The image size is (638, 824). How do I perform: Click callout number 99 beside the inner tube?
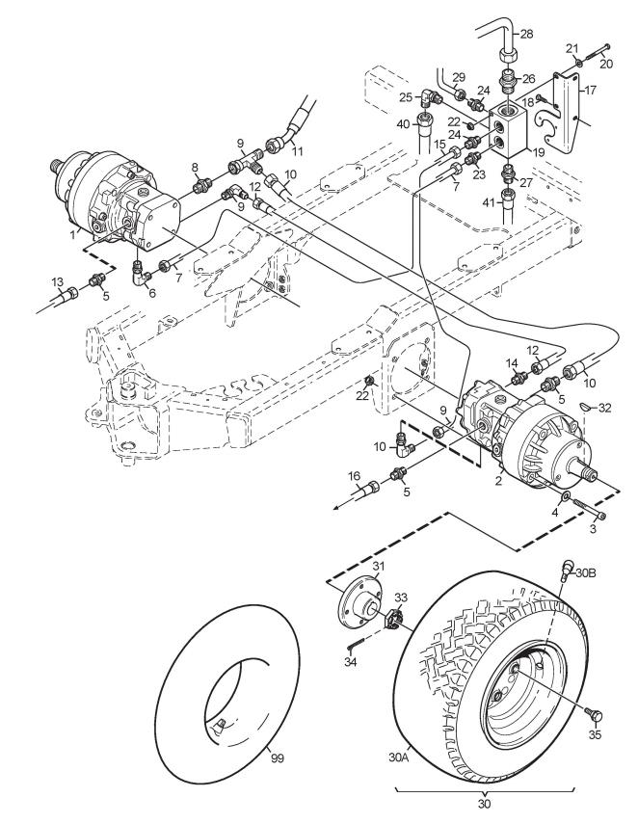coord(277,758)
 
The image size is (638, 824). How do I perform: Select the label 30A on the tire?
coord(398,758)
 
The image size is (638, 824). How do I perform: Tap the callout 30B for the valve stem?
coord(586,572)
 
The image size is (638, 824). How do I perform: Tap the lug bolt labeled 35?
coord(594,715)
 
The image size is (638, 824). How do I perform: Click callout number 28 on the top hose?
coord(526,34)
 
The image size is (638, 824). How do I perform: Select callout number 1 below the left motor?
coord(73,235)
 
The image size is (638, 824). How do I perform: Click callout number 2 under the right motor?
coord(498,479)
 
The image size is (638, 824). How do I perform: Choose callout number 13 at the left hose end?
coord(57,282)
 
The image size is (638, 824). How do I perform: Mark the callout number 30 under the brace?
coord(484,804)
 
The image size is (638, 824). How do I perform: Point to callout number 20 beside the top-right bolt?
coord(606,64)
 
